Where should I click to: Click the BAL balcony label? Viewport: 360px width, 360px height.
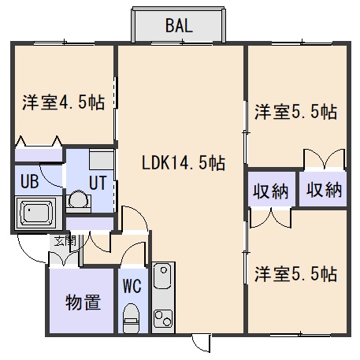[179, 26]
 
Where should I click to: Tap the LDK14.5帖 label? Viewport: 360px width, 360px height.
[184, 163]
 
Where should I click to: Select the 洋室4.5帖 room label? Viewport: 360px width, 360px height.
[64, 102]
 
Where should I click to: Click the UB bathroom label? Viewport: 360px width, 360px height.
[29, 181]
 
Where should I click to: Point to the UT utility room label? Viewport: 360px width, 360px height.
[98, 183]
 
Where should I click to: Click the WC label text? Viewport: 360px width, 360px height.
[132, 286]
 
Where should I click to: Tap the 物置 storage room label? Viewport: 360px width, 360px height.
[83, 302]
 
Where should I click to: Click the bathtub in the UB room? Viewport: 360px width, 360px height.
[36, 213]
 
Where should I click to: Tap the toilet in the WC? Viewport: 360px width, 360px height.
[131, 317]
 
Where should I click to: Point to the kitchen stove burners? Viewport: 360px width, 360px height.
[163, 318]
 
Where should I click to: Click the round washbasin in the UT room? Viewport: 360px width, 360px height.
[78, 199]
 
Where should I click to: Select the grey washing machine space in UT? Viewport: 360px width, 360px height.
[102, 159]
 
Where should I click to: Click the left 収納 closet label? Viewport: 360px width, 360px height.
[270, 191]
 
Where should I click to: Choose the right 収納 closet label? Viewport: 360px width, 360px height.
[325, 189]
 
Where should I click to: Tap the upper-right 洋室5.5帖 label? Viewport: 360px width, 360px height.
[296, 112]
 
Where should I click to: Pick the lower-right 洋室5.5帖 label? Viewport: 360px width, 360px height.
[296, 274]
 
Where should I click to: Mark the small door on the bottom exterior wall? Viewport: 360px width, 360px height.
[202, 343]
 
